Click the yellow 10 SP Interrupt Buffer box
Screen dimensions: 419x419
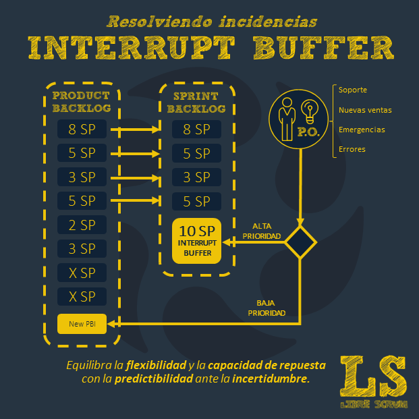pyautogui.click(x=196, y=241)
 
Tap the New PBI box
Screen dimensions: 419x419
pyautogui.click(x=82, y=324)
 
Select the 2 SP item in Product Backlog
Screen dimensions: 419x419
pyautogui.click(x=82, y=225)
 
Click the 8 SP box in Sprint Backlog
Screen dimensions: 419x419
pyautogui.click(x=196, y=129)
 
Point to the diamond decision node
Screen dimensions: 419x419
pyautogui.click(x=300, y=241)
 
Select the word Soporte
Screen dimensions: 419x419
pyautogui.click(x=353, y=90)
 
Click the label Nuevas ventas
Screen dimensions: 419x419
pyautogui.click(x=365, y=110)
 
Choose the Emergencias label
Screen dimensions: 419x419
pyautogui.click(x=362, y=130)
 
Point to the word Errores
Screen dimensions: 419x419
pyautogui.click(x=352, y=149)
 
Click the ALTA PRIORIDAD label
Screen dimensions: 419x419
pyautogui.click(x=262, y=230)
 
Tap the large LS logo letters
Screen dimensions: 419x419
pyautogui.click(x=374, y=377)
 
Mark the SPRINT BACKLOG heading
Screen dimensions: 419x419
pyautogui.click(x=196, y=102)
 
